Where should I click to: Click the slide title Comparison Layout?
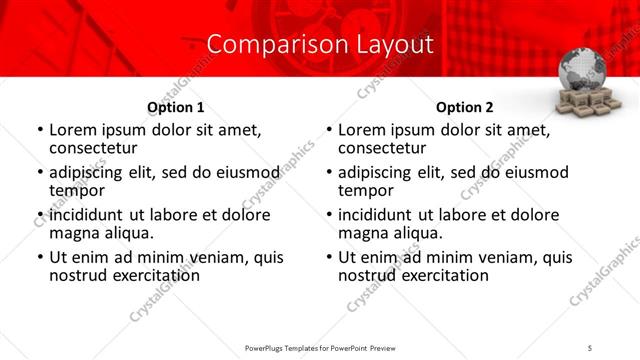(x=320, y=45)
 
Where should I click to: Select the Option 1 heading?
(x=176, y=107)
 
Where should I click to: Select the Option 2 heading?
(x=465, y=107)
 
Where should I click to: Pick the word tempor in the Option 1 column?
(x=75, y=191)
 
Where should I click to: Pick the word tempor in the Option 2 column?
(x=364, y=191)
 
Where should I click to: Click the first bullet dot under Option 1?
(x=39, y=131)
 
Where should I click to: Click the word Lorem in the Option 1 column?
(x=72, y=130)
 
